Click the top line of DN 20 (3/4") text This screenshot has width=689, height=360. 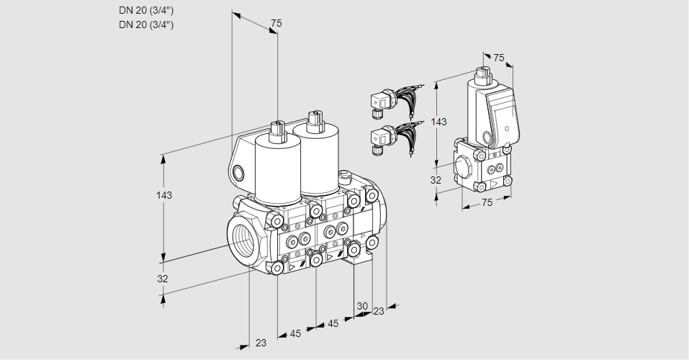(x=146, y=10)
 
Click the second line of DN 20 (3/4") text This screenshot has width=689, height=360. (x=146, y=24)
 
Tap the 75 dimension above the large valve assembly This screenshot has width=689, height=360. (x=276, y=24)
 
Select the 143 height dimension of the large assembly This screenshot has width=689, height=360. (x=165, y=195)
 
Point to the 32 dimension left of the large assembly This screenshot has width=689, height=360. (x=163, y=279)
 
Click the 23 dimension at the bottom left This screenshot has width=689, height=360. (x=261, y=343)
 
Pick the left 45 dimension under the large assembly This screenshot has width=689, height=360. (x=295, y=333)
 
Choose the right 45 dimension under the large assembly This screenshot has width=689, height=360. (x=333, y=323)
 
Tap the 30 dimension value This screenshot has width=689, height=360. (x=361, y=306)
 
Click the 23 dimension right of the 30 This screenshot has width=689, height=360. (x=379, y=311)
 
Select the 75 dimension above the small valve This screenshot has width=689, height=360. (x=499, y=58)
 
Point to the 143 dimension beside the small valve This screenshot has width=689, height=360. (x=438, y=122)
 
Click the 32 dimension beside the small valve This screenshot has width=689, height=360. (x=436, y=180)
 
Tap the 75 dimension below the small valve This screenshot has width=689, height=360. (x=487, y=203)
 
